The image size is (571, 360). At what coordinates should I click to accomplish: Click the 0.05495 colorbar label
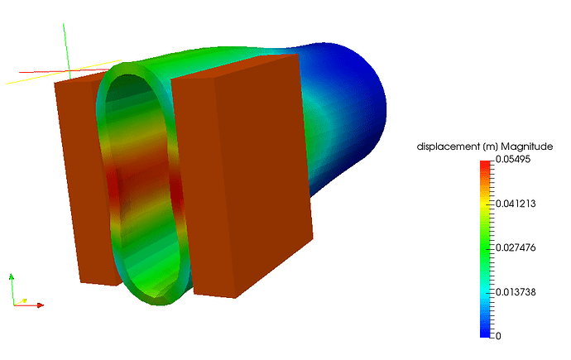coord(513,160)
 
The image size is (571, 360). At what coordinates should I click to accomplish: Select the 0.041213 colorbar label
coord(516,204)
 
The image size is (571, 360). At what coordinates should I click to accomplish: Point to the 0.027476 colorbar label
coord(516,248)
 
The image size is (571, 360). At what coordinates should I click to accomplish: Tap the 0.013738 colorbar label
coord(516,292)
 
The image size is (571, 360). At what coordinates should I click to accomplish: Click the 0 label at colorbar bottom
coord(498,336)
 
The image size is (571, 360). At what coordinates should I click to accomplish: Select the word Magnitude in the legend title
coord(527,146)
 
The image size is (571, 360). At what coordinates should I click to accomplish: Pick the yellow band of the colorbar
coord(485,204)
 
